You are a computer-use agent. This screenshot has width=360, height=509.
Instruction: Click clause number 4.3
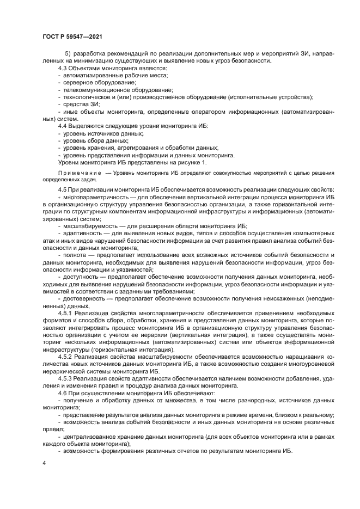[x=63, y=69]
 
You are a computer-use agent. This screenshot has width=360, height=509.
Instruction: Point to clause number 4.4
[x=63, y=126]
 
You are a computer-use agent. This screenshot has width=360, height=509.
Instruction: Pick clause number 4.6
[x=63, y=392]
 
